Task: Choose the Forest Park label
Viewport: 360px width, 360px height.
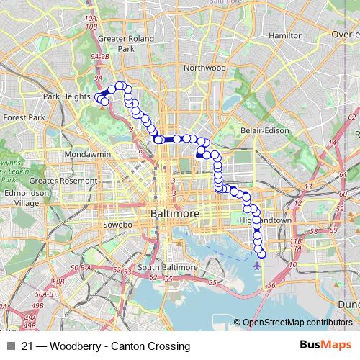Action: tap(24, 117)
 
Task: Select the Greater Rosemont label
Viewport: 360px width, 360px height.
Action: tap(63, 181)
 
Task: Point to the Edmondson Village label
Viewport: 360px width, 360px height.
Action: tap(27, 198)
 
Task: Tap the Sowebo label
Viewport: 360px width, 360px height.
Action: tap(120, 225)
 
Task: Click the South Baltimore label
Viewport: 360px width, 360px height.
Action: tap(168, 267)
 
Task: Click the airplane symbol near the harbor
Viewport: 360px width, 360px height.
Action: tap(257, 265)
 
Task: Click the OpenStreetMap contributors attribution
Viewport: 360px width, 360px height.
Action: tap(297, 323)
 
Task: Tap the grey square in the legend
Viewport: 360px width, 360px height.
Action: tap(10, 346)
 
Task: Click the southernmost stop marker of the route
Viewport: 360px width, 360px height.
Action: tap(261, 252)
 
